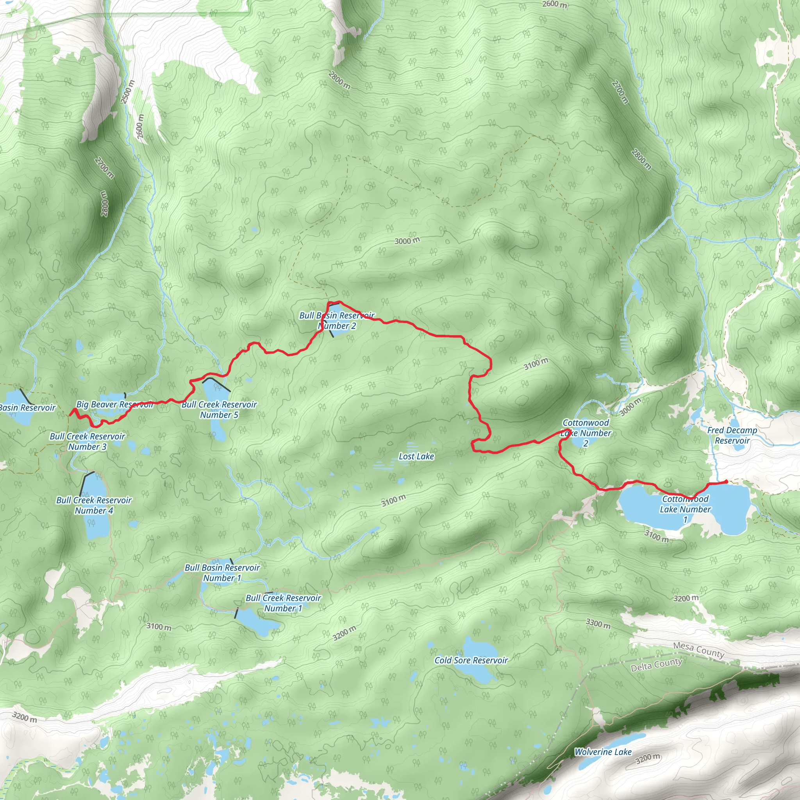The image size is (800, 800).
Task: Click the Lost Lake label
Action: coord(416,456)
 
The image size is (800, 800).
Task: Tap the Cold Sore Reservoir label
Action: coord(471,660)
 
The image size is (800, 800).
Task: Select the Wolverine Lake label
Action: coord(603,752)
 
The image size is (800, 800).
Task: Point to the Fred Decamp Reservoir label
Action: coord(732,435)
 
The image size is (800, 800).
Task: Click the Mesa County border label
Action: coord(698,650)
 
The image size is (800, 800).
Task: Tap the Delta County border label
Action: coord(656,664)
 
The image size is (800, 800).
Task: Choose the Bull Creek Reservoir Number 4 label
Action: coord(94,505)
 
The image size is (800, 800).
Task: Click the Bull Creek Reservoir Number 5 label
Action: coord(219,409)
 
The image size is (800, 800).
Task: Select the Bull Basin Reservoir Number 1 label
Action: coord(222,573)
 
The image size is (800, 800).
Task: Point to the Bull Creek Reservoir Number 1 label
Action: coord(283,603)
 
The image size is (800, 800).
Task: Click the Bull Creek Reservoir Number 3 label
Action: coord(87,441)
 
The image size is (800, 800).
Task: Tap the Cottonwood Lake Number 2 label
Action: coord(586,433)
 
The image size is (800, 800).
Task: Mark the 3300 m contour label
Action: coord(598,623)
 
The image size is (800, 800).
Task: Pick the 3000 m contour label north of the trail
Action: coord(407,241)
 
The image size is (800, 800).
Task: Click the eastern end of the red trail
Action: coord(727,482)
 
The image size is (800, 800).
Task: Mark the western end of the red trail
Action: coord(70,414)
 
